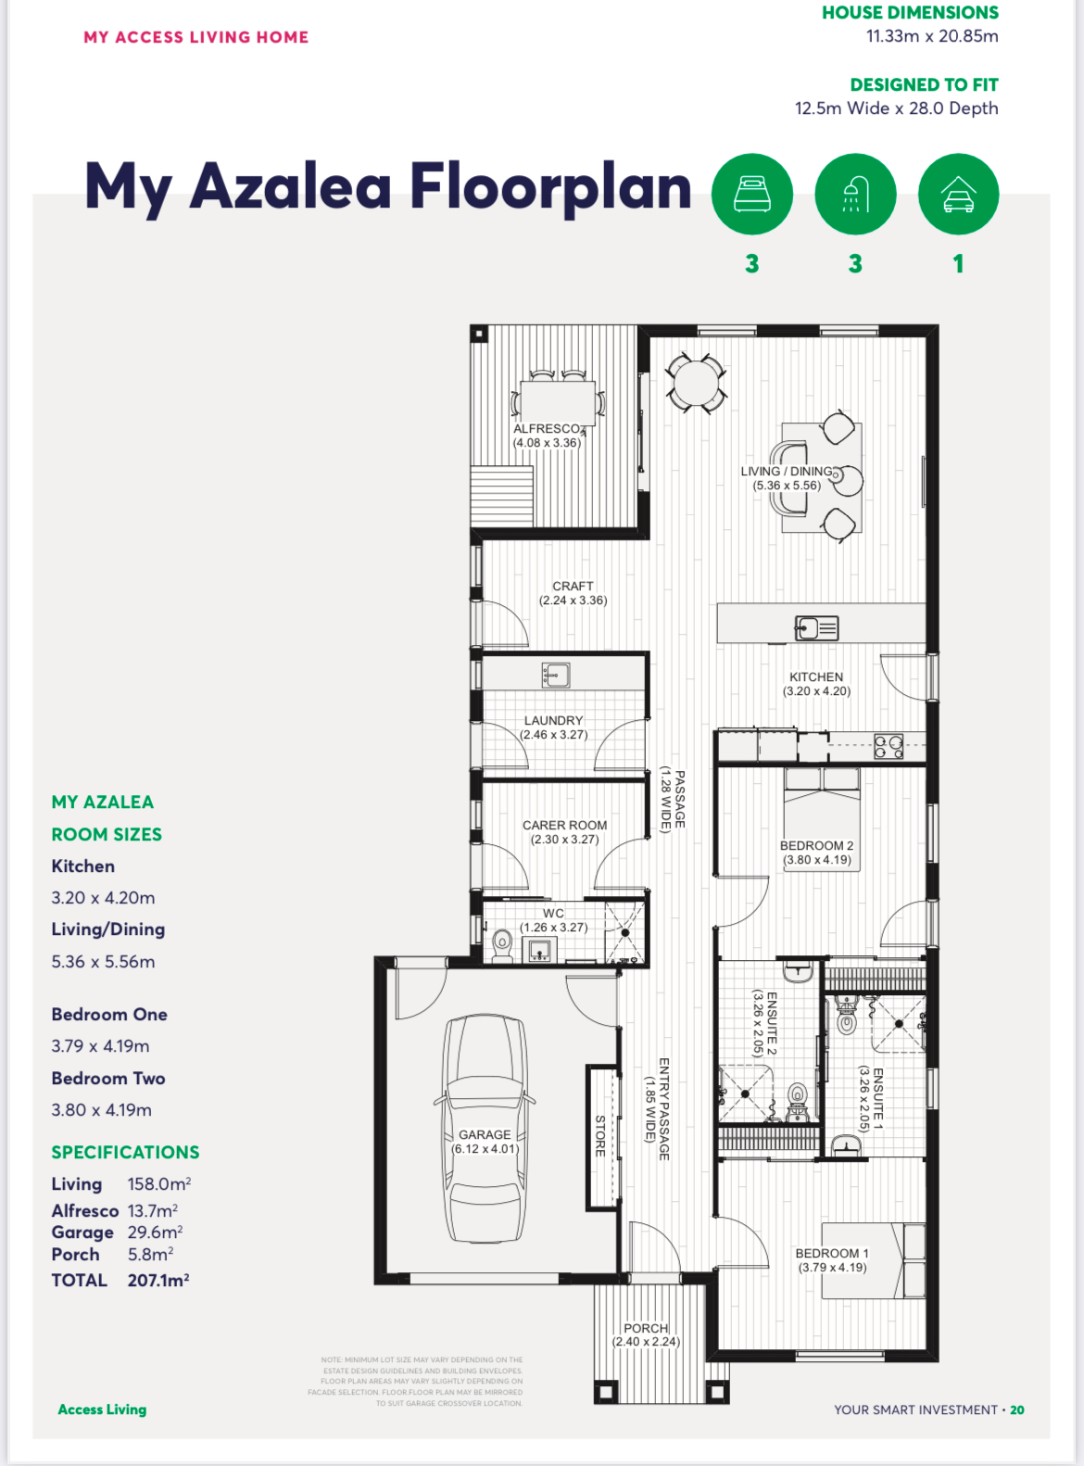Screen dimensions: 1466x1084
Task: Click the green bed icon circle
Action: [x=751, y=194]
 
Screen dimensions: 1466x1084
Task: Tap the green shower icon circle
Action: [x=854, y=194]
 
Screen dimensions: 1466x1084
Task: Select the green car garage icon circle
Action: [x=958, y=194]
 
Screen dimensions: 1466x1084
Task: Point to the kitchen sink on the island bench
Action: [x=816, y=628]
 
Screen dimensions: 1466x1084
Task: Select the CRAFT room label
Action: [x=573, y=587]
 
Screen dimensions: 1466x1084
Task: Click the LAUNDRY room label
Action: [x=553, y=721]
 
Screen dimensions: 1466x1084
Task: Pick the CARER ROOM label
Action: [x=564, y=826]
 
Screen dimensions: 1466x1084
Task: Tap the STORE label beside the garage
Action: [x=600, y=1136]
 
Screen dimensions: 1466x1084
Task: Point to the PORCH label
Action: [x=646, y=1329]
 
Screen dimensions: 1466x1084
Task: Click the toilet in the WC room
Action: [x=502, y=945]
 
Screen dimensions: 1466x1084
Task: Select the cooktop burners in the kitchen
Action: [x=889, y=746]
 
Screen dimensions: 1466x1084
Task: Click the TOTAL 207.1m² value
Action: [x=158, y=1280]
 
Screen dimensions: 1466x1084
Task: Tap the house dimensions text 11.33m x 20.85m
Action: [x=932, y=36]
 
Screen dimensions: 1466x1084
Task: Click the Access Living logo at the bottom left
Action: [x=102, y=1409]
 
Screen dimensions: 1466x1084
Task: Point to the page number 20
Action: [x=1017, y=1409]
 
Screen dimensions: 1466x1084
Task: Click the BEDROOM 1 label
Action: [x=832, y=1254]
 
